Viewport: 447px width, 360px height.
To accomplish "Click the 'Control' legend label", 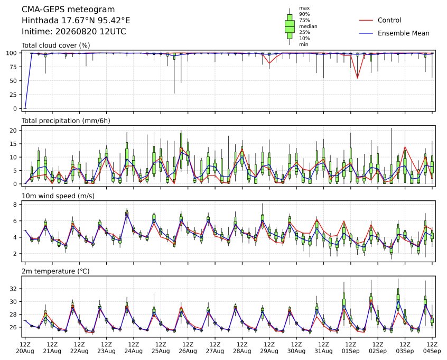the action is coord(389,20).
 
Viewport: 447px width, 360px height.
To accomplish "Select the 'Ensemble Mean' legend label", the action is coord(403,33).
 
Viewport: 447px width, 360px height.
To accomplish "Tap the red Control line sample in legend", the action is coord(366,20).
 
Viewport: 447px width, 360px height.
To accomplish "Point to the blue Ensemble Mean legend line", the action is coord(366,33).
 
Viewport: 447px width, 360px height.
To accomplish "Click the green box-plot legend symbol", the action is coord(290,26).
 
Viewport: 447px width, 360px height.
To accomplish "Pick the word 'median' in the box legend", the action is coord(308,26).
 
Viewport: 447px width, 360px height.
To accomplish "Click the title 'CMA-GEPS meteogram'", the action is coord(68,10).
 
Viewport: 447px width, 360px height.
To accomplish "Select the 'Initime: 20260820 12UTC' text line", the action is coord(74,31).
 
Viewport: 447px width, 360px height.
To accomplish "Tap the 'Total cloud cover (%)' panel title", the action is coord(56,45).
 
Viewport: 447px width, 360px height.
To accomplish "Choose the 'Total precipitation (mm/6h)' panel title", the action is coord(66,121).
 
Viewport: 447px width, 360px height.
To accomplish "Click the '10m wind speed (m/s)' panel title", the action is coord(58,196).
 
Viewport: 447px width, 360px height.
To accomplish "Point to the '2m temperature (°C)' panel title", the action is coord(55,271).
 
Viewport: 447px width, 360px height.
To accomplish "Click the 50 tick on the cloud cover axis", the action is coord(14,81).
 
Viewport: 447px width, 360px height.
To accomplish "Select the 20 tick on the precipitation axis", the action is coord(14,131).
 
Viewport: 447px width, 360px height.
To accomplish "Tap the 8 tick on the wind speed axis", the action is coord(15,205).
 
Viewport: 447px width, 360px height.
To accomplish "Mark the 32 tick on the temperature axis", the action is coord(14,289).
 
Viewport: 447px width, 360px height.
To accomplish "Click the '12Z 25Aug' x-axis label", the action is coord(161,348).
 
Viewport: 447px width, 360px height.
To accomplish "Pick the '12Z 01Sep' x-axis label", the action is coord(351,348).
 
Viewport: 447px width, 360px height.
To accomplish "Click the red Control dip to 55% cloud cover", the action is coord(358,78).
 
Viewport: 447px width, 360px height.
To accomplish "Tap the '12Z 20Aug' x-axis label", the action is coord(25,348).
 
